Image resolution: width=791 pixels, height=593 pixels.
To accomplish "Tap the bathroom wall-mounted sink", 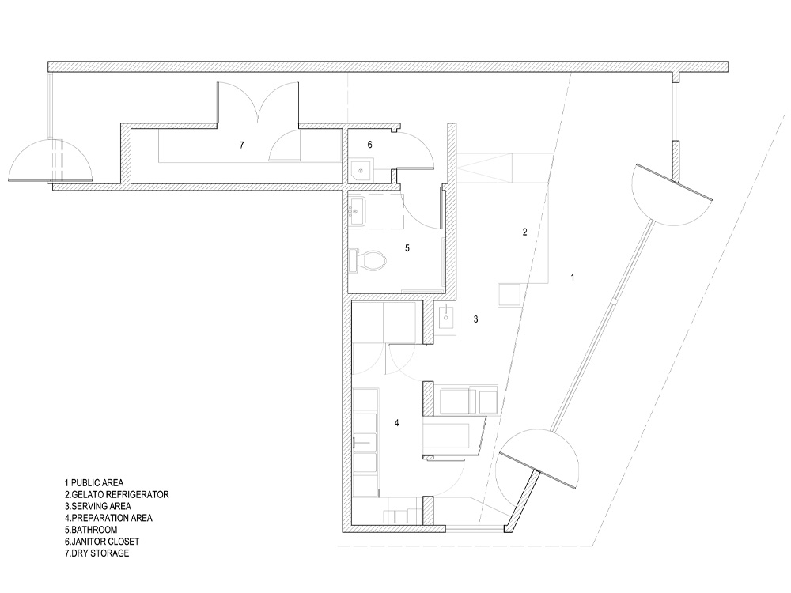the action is pyautogui.click(x=357, y=210).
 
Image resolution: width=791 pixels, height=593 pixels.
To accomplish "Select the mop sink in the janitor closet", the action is pyautogui.click(x=362, y=171).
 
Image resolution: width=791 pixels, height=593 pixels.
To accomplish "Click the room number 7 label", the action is pyautogui.click(x=241, y=145).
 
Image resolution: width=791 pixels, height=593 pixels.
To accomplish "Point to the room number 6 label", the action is pyautogui.click(x=369, y=145).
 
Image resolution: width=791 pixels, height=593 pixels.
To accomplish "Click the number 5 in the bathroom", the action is pyautogui.click(x=407, y=248).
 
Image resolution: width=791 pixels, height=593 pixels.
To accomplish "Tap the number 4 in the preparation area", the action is pyautogui.click(x=396, y=423).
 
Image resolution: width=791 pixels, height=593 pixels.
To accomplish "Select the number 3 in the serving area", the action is pyautogui.click(x=475, y=319).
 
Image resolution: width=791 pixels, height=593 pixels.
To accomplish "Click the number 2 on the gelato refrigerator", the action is pyautogui.click(x=524, y=232).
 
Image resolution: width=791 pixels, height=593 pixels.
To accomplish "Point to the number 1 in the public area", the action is pyautogui.click(x=572, y=278).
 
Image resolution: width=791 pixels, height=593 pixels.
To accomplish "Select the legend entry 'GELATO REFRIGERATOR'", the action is pyautogui.click(x=120, y=495).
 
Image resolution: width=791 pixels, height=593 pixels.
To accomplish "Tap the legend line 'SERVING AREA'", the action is pyautogui.click(x=101, y=506).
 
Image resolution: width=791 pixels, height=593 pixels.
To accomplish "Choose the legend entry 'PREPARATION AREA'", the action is pyautogui.click(x=112, y=518).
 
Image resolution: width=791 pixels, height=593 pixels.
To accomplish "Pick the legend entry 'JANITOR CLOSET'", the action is pyautogui.click(x=105, y=542).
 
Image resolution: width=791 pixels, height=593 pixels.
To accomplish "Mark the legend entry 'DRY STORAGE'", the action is pyautogui.click(x=100, y=553).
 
